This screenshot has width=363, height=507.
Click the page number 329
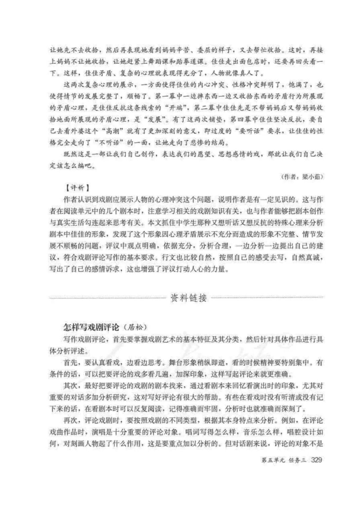coord(317,460)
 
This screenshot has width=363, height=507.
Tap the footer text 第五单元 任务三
coord(284,460)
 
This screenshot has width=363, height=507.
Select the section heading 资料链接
coord(189,298)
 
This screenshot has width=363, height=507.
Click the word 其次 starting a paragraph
coord(71,385)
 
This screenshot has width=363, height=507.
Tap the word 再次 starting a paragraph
coord(71,420)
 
